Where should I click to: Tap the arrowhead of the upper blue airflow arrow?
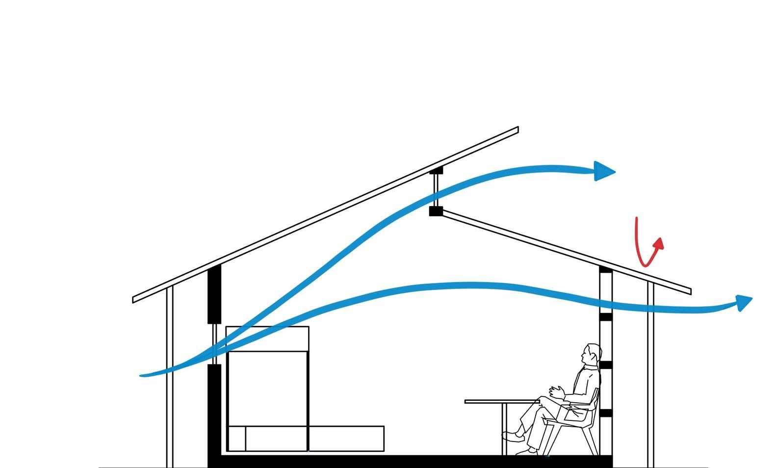604,171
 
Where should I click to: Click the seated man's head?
592,354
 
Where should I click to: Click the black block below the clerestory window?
436,211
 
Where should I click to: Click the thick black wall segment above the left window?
214,294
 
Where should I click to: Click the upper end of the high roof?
516,130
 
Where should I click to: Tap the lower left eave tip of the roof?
135,299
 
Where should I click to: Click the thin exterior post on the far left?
170,383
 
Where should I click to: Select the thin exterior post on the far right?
650,378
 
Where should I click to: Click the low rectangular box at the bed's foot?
346,439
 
